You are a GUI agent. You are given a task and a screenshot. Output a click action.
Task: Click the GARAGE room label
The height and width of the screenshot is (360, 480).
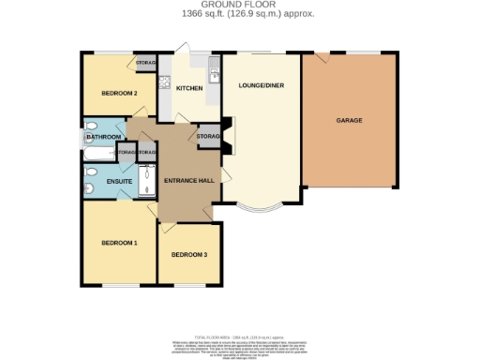(x=349, y=120)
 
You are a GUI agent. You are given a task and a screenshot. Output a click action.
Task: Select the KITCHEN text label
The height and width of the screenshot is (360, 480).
(x=189, y=87)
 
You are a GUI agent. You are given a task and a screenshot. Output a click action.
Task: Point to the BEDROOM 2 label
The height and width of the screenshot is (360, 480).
(x=119, y=93)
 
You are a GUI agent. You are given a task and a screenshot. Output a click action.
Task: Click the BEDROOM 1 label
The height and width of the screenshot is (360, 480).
(x=119, y=243)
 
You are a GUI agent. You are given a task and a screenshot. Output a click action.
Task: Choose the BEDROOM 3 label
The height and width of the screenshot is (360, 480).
(x=188, y=255)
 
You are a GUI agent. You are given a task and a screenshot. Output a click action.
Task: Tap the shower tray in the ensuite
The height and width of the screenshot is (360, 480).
(x=147, y=181)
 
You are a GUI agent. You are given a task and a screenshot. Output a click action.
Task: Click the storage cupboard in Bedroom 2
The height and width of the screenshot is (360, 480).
(x=145, y=63)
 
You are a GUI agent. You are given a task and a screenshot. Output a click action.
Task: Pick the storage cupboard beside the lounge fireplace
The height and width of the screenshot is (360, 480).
(x=207, y=137)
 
